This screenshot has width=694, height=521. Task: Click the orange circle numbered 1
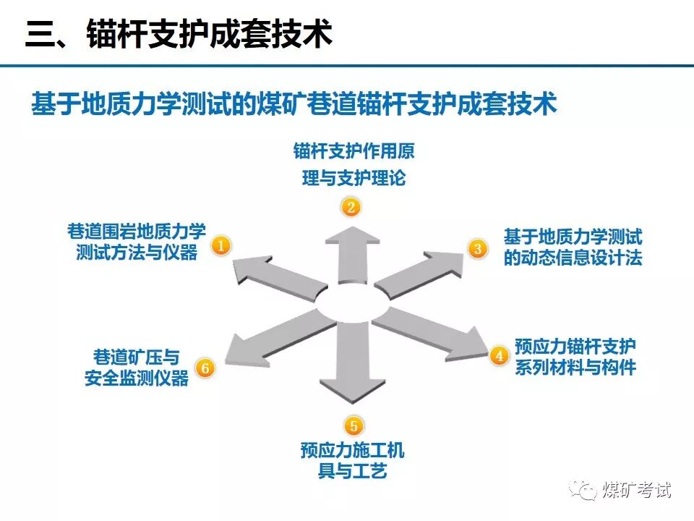220,246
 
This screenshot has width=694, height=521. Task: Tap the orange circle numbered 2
351,208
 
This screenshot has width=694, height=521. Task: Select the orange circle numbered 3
477,249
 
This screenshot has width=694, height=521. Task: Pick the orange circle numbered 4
499,355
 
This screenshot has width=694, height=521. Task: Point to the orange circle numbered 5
352,425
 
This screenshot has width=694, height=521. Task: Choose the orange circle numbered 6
205,368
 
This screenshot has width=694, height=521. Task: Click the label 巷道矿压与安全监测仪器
137,368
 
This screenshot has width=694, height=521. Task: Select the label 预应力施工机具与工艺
353,461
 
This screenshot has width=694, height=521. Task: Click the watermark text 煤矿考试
637,490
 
